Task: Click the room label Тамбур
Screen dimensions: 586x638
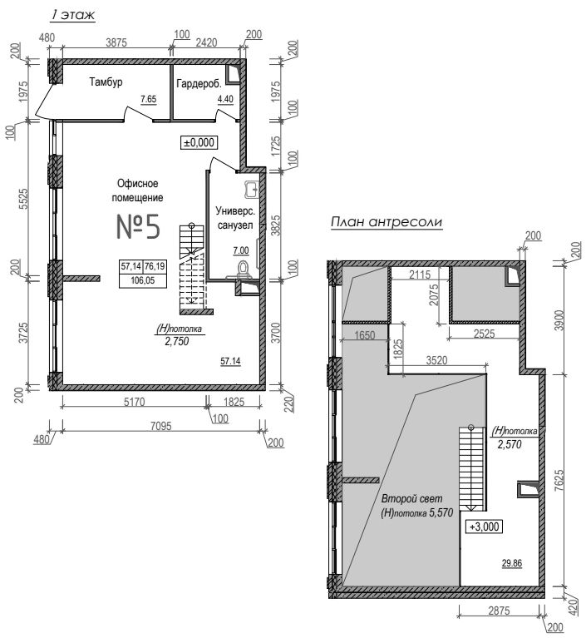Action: [x=106, y=82]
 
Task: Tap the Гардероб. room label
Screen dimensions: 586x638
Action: [x=199, y=84]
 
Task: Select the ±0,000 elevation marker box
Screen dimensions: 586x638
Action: [x=199, y=142]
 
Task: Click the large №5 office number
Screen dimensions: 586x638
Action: [x=138, y=226]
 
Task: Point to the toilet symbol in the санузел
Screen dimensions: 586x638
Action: [x=244, y=270]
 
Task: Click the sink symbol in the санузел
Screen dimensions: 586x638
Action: [x=251, y=189]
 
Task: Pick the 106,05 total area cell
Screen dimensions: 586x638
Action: [x=143, y=280]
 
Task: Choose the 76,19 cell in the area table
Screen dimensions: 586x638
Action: [x=155, y=266]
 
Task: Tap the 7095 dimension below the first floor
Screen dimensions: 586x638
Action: [x=161, y=426]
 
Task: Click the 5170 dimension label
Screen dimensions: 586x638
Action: [x=134, y=402]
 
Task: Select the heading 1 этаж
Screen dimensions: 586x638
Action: [x=73, y=15]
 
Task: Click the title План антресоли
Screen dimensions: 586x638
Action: [x=386, y=222]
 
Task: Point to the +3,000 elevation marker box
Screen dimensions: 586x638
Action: [x=484, y=527]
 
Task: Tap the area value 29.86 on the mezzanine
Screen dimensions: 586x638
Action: [x=512, y=563]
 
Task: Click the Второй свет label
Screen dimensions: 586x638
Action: [x=412, y=498]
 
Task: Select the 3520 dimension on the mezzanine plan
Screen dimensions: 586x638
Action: [x=436, y=360]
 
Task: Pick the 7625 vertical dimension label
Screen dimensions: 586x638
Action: [x=559, y=481]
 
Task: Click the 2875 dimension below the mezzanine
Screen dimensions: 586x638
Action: [x=499, y=611]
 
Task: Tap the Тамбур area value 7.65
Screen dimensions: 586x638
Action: [x=149, y=99]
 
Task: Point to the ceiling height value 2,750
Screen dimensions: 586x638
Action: [x=177, y=341]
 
